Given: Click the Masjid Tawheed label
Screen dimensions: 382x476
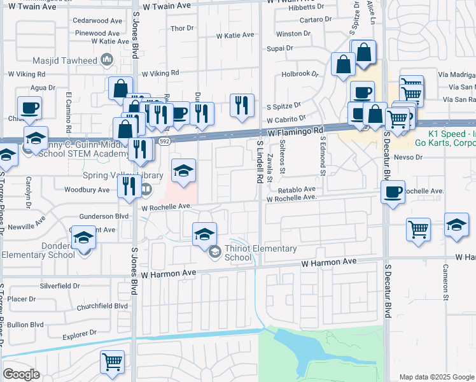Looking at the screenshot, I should (x=73, y=60).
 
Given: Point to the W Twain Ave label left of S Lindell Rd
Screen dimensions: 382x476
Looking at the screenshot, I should (x=166, y=5).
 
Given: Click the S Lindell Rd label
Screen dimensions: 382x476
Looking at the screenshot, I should (x=260, y=162).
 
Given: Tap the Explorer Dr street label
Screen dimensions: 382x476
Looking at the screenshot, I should (x=80, y=332).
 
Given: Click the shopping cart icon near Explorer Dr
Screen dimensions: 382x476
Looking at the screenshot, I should (x=113, y=362).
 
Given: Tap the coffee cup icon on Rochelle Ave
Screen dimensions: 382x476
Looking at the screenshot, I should (x=393, y=191).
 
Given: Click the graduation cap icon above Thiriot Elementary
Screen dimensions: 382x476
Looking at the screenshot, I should (x=204, y=234).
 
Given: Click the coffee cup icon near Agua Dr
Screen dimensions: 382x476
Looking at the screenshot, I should (x=29, y=107).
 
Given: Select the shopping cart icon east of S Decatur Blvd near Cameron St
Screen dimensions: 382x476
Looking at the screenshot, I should (x=418, y=229).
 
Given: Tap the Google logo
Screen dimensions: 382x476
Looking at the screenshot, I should (x=21, y=374).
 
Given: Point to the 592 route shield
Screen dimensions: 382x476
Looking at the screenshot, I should (x=165, y=141).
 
